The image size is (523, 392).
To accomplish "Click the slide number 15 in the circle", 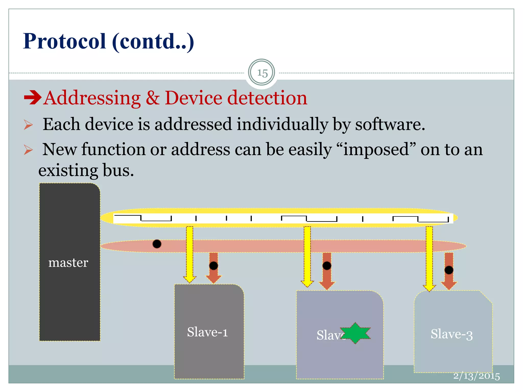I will tap(262, 73).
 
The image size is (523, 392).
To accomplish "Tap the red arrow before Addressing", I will tap(32, 98).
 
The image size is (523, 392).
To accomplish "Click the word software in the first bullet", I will tap(390, 125).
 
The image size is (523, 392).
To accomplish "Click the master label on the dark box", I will tap(68, 263).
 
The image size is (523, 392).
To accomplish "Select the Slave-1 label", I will tap(207, 332).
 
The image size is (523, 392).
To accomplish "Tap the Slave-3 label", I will tap(451, 334).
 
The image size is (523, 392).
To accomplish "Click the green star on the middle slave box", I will tap(355, 333).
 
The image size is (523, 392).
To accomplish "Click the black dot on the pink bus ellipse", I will tap(157, 244).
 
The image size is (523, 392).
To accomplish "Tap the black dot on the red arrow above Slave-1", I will tap(213, 266).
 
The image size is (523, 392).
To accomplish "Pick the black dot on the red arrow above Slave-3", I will tap(449, 270).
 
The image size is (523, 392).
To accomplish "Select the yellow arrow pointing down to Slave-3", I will tap(429, 258).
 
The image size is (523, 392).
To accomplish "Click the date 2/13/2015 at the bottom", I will tap(476, 376).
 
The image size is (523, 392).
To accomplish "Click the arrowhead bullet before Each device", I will tap(28, 125).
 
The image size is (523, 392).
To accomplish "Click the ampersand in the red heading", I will tap(152, 98).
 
